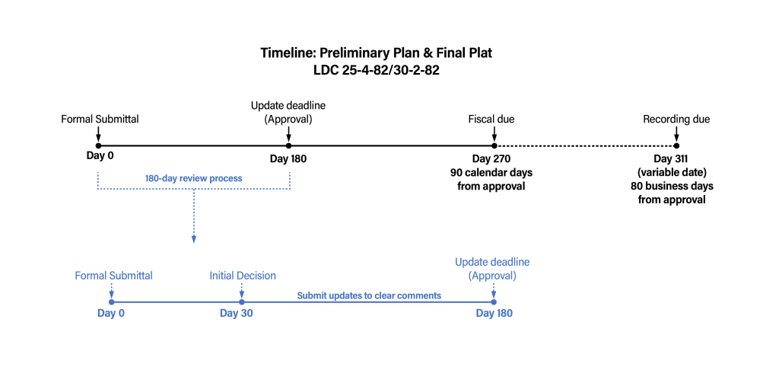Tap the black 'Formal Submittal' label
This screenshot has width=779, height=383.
100,119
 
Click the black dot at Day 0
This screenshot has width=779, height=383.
98,145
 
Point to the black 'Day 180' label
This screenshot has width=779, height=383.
288,158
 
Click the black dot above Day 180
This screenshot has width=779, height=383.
288,145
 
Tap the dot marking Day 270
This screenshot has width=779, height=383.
494,145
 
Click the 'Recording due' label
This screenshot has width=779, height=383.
676,119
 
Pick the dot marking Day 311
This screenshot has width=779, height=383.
676,145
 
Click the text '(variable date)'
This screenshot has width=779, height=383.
672,172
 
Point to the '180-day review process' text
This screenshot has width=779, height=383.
194,178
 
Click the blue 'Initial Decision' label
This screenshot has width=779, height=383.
243,276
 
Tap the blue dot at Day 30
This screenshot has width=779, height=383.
241,302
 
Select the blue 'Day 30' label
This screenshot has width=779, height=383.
236,314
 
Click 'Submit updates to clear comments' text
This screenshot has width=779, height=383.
369,295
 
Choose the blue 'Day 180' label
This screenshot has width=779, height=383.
494,314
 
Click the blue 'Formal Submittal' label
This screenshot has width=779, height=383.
113,276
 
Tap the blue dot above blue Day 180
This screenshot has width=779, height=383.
494,302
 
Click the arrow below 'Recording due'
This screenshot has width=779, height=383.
676,134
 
